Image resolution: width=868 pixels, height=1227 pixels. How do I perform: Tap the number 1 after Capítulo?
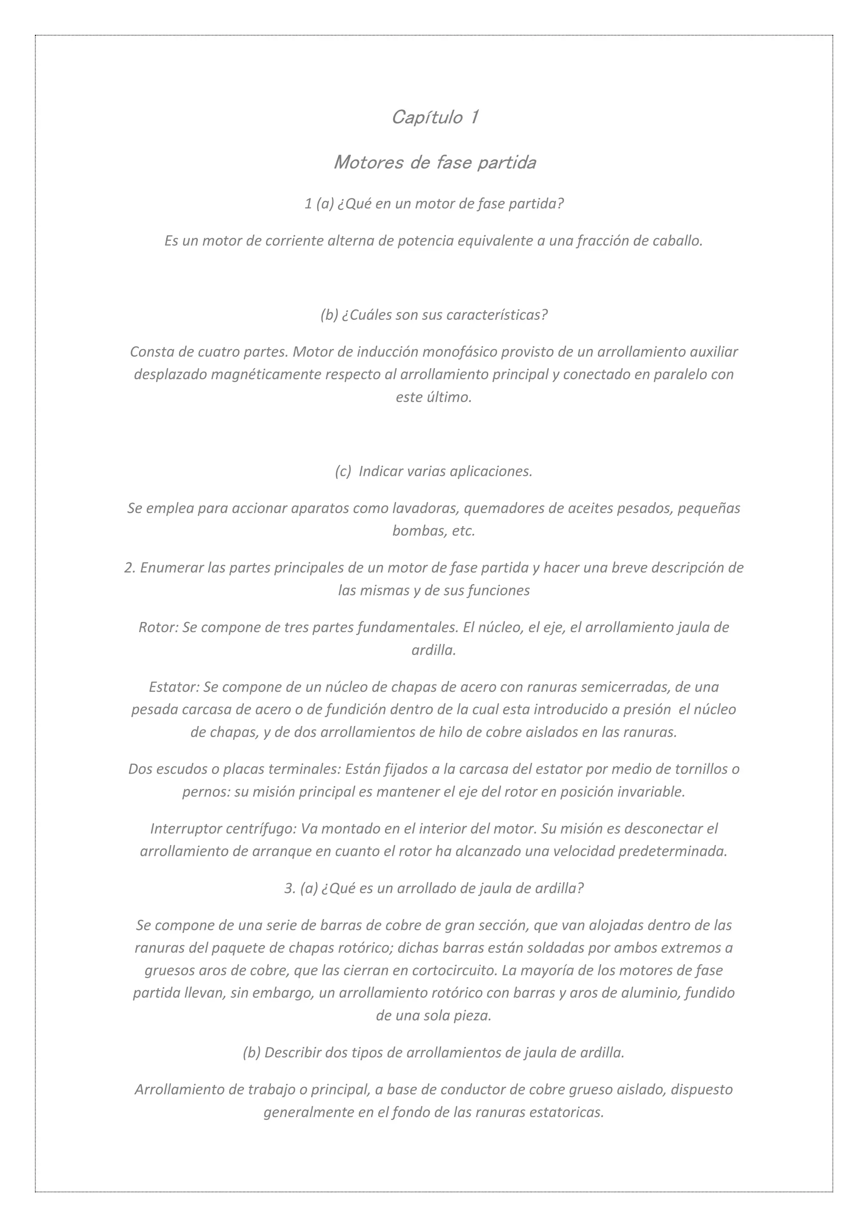pyautogui.click(x=473, y=117)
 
